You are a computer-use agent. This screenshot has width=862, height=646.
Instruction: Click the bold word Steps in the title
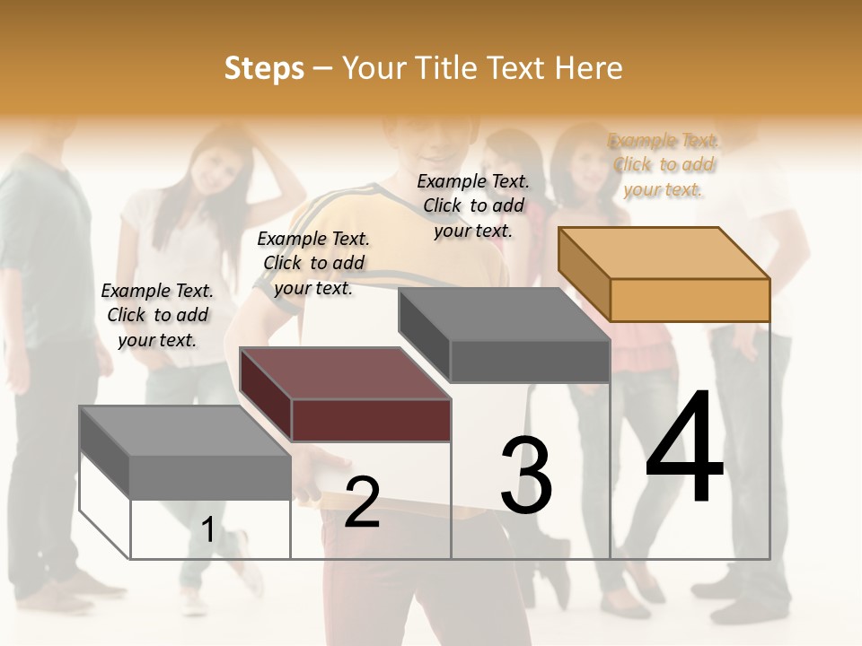[x=264, y=68]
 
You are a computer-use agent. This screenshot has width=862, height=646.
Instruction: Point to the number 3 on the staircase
[x=526, y=476]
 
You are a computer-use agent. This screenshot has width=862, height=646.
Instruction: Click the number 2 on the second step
[x=362, y=502]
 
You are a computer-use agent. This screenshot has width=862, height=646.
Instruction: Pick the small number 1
[x=208, y=529]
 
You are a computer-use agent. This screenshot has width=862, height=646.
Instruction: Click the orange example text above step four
[x=664, y=164]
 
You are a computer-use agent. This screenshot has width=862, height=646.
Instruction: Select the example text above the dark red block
[x=313, y=263]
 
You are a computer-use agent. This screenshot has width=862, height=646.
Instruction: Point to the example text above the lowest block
[x=157, y=315]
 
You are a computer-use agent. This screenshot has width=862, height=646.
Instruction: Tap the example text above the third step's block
[x=473, y=205]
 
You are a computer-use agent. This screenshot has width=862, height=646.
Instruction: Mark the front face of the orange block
[x=690, y=300]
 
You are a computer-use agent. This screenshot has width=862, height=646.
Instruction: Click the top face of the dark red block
[x=345, y=373]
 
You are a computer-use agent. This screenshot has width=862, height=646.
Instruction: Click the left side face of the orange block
[x=584, y=274]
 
